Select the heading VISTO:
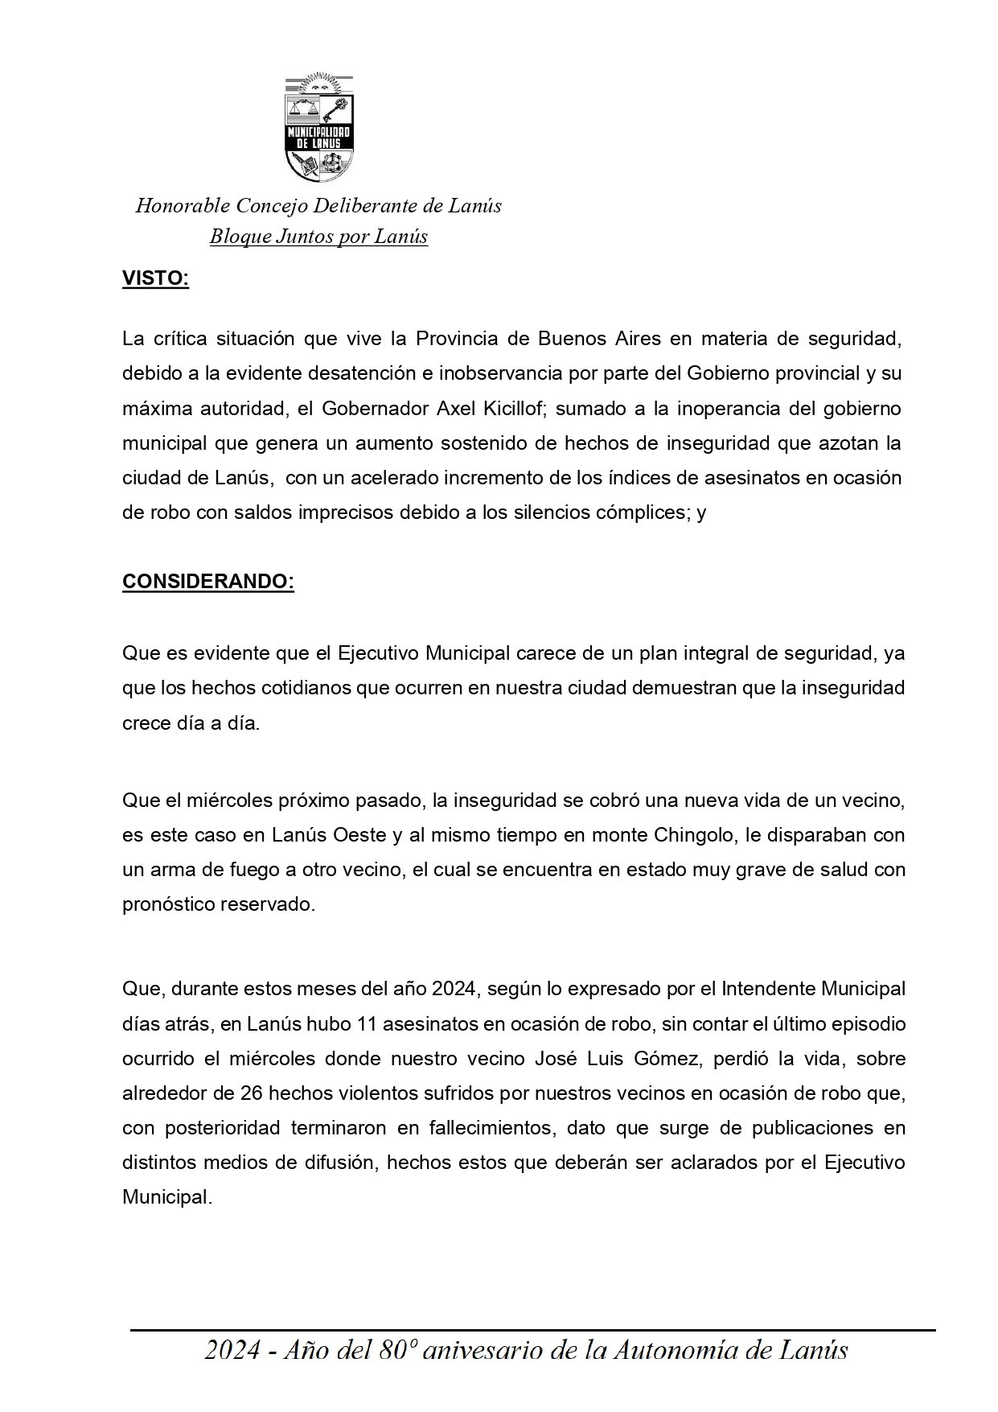coord(155,279)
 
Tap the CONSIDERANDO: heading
coord(208,582)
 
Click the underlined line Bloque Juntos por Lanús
coord(318,237)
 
